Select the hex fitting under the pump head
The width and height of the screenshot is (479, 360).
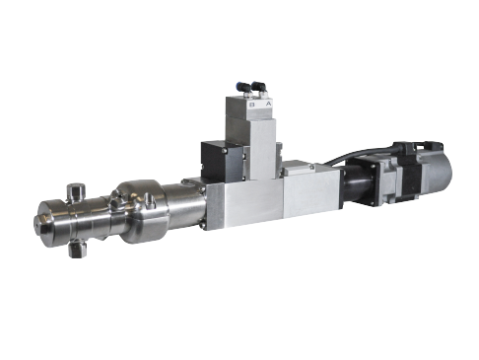[x=78, y=249]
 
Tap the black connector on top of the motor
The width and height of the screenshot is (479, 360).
[x=406, y=148]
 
